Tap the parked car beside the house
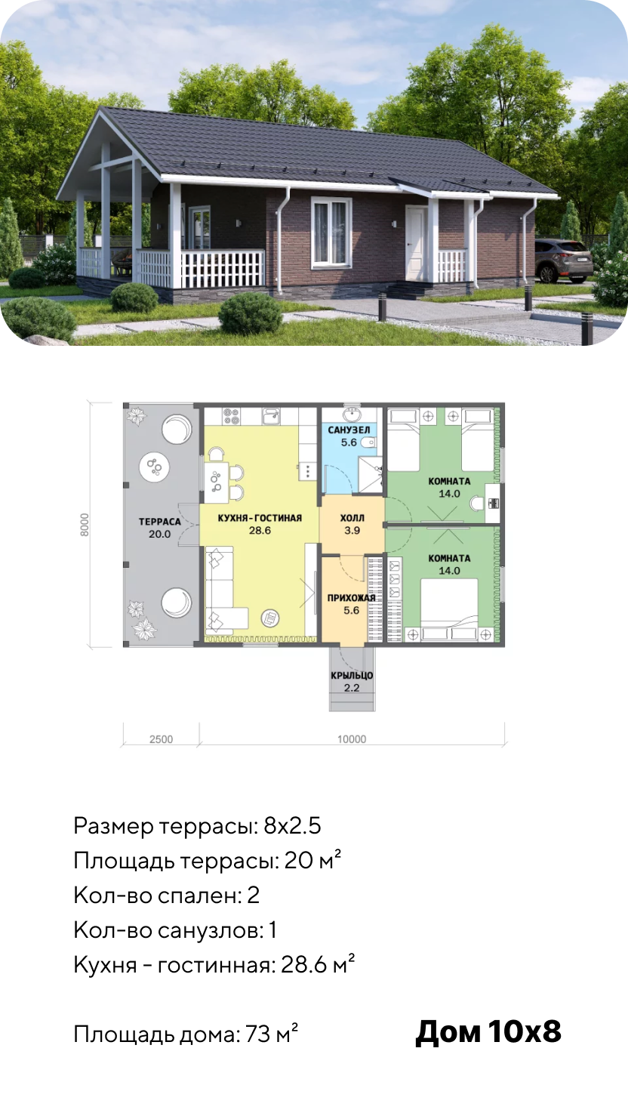[x=564, y=260]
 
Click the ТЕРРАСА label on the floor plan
[x=159, y=522]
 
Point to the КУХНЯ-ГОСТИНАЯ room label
[x=260, y=518]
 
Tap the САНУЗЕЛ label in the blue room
[x=349, y=430]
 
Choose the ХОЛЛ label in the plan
[x=352, y=518]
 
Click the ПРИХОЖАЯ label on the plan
[x=351, y=598]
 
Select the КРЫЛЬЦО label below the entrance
[x=352, y=676]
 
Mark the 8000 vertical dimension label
[x=85, y=525]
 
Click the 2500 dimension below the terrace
[x=162, y=739]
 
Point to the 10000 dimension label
[x=352, y=739]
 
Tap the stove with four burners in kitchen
[x=231, y=417]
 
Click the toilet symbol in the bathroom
[x=368, y=442]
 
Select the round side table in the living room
[x=271, y=618]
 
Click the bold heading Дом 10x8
[x=488, y=1031]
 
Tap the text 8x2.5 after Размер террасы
[x=292, y=826]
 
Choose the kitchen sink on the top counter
[x=272, y=416]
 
